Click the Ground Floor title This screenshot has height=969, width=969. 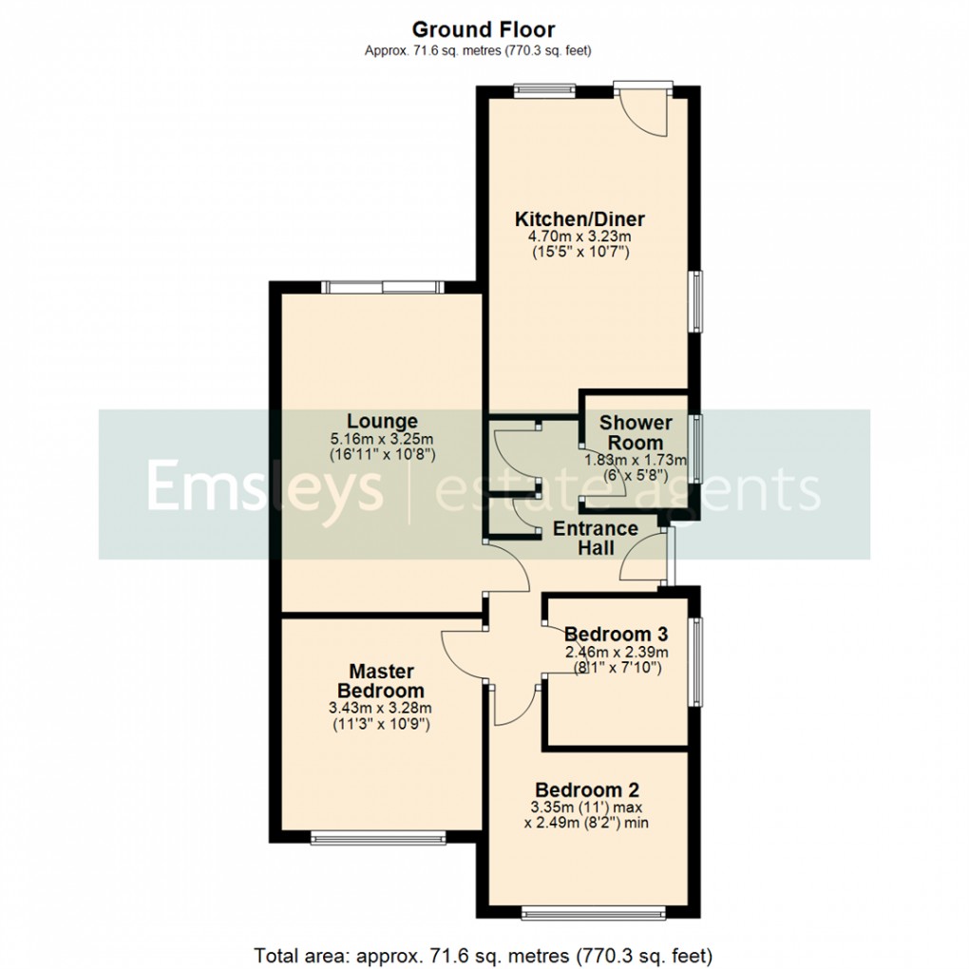(x=484, y=30)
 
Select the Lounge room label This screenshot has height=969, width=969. (x=382, y=421)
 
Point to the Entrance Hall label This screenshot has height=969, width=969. (x=596, y=538)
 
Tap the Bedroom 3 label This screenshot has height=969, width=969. (x=617, y=634)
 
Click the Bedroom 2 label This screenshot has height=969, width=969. (x=587, y=789)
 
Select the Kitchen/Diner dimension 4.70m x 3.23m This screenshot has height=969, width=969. (x=579, y=237)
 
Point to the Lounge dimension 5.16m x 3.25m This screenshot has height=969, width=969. (x=382, y=439)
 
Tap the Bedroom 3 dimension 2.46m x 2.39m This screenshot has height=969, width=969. (x=617, y=652)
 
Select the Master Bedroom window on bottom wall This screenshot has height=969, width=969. (x=377, y=839)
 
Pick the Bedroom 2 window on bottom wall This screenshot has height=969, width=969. (x=592, y=915)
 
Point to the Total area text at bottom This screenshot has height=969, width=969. (x=484, y=953)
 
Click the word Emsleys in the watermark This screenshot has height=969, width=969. (x=263, y=486)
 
